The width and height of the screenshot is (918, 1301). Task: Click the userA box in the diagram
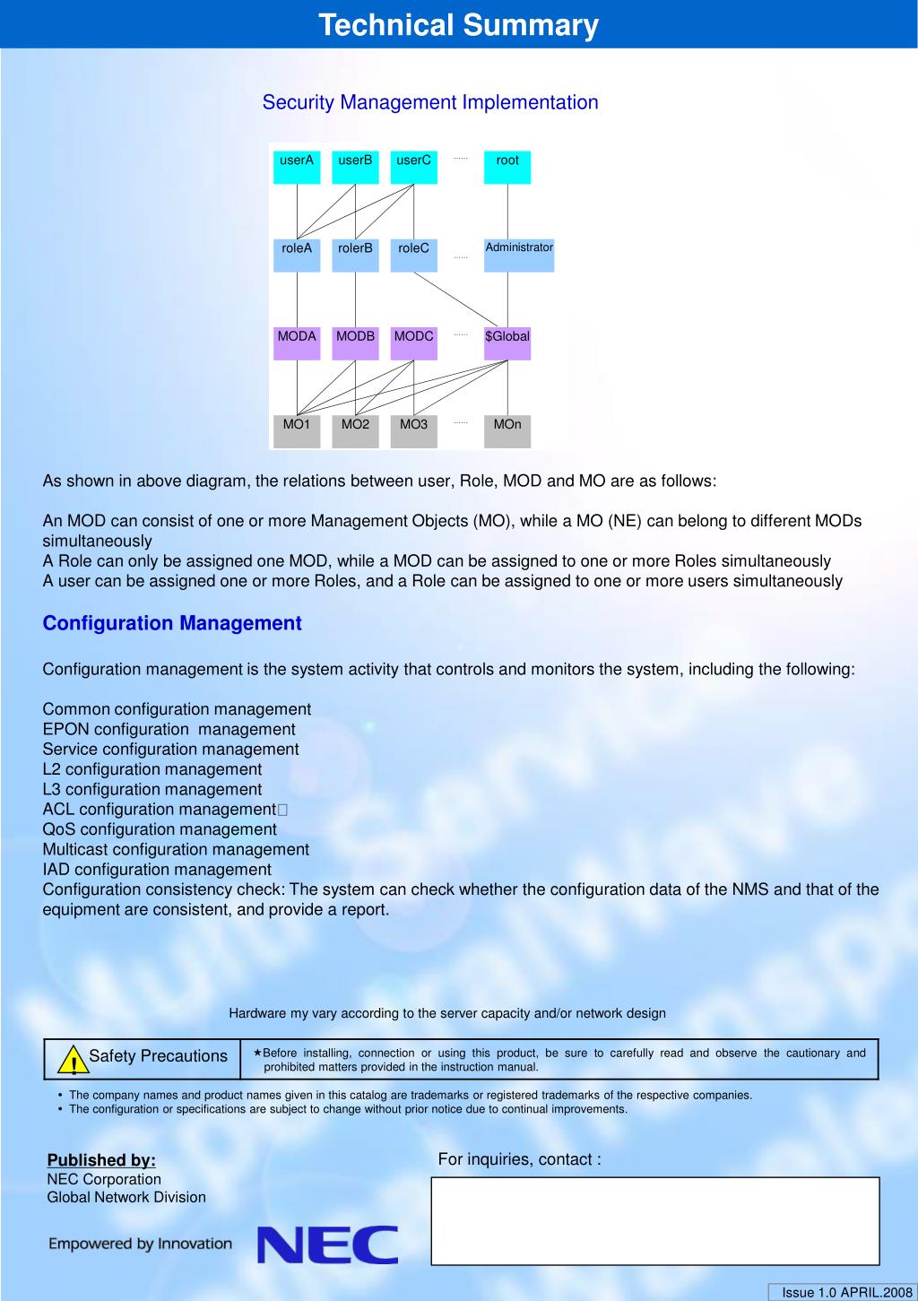point(297,167)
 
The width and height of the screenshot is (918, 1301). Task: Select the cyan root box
point(507,167)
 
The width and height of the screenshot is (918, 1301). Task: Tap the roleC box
point(413,255)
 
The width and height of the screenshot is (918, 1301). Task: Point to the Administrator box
point(519,255)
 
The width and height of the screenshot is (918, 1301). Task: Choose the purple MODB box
point(355,343)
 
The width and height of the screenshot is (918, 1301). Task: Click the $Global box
point(507,343)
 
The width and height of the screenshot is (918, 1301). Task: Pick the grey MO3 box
point(413,430)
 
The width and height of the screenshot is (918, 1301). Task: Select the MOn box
point(507,430)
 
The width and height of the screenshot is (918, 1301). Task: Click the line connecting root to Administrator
point(507,212)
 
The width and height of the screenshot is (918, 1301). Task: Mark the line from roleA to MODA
point(297,299)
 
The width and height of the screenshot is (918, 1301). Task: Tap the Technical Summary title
point(458,25)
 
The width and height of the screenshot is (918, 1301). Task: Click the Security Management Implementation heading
point(430,102)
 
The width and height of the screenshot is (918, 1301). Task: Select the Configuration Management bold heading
point(172,623)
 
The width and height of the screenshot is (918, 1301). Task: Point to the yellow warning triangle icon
point(68,1062)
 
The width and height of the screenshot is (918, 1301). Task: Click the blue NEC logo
point(328,1245)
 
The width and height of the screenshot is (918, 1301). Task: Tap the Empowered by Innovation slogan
point(140,1244)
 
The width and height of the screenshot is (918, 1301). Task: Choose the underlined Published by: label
point(101,1159)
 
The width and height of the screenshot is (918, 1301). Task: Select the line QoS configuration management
point(160,829)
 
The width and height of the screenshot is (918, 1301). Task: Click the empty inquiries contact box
point(655,1220)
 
